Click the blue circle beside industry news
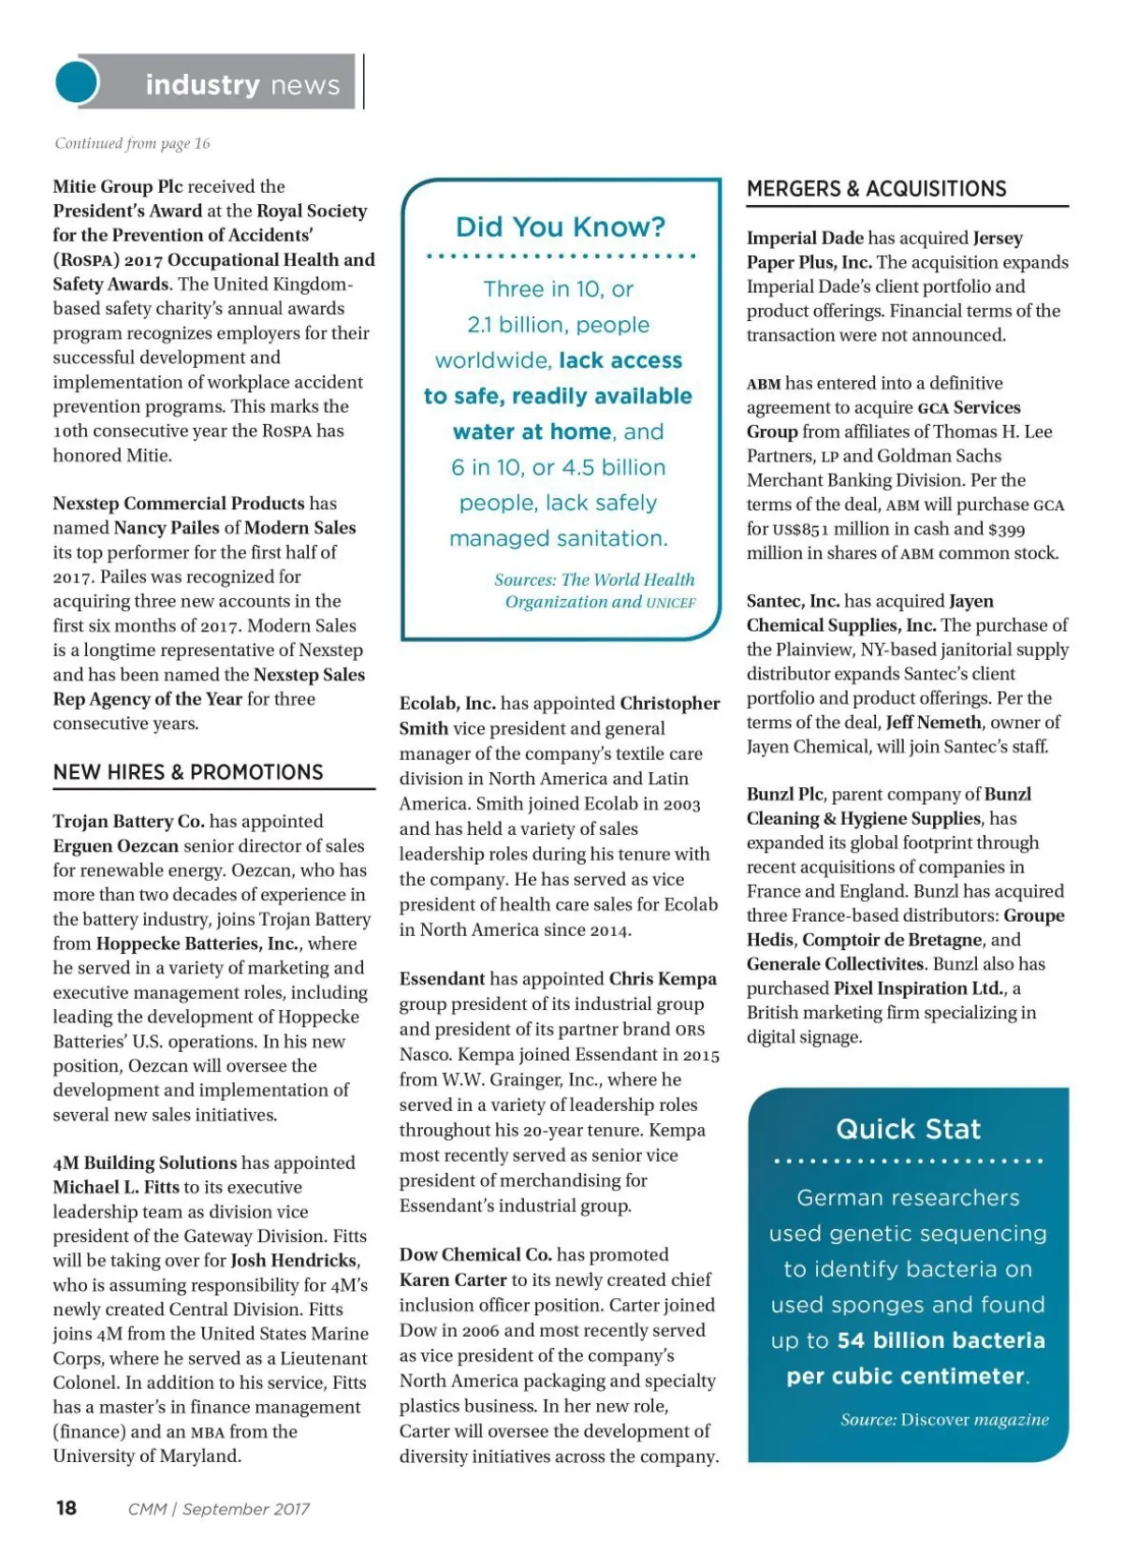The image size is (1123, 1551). (77, 82)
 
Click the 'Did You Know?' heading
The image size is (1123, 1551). (561, 227)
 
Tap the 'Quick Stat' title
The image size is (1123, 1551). (908, 1129)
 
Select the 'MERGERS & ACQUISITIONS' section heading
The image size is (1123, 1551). (876, 189)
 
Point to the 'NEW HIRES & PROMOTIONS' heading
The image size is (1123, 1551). (188, 772)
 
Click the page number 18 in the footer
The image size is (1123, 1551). (66, 1508)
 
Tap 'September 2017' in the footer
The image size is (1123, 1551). (246, 1509)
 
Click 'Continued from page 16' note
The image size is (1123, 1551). (132, 143)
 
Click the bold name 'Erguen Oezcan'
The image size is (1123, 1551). (115, 846)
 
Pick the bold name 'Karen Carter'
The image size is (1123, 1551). (453, 1280)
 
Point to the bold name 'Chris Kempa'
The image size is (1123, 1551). (663, 979)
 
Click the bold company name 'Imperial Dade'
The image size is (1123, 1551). (805, 238)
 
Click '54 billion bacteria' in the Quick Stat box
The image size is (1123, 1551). (941, 1340)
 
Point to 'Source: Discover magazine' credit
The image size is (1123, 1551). (944, 1420)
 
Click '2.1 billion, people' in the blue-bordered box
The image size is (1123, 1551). (559, 325)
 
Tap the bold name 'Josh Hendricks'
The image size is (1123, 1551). (294, 1261)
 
